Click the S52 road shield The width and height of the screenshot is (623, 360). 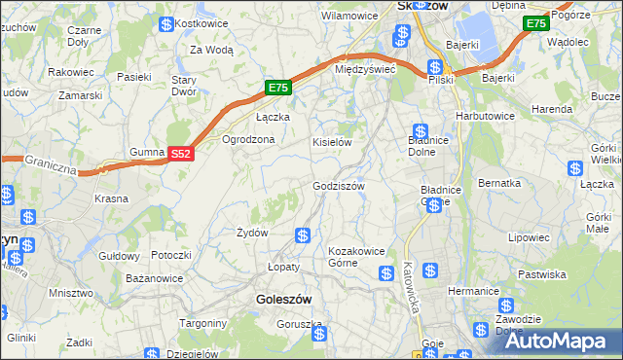tap(181, 154)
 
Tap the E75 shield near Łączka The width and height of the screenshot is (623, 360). tap(278, 88)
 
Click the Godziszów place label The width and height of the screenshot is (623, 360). tap(338, 186)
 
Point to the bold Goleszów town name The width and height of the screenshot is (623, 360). tap(284, 300)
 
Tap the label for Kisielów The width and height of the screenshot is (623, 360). tap(331, 142)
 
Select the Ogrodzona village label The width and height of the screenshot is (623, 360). tap(249, 139)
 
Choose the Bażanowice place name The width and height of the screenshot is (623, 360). tap(155, 278)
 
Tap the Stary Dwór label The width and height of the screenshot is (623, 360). tap(184, 86)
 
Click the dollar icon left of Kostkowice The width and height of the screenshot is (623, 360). tap(167, 23)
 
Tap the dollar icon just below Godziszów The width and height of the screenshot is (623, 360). tap(303, 235)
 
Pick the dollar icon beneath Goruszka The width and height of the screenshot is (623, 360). tap(319, 335)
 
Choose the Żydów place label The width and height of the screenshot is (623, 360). tap(252, 233)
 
